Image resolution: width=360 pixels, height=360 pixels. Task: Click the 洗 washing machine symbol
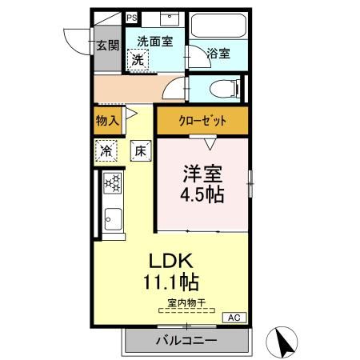(x=138, y=59)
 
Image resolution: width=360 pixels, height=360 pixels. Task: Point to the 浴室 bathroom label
(x=218, y=54)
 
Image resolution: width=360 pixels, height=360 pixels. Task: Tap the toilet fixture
(x=221, y=87)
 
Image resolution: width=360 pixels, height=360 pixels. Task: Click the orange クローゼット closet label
(x=202, y=122)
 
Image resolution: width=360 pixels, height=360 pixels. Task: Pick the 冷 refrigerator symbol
(x=106, y=150)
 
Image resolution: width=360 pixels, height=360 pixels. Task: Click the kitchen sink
(x=113, y=218)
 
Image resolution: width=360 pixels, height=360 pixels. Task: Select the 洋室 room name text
(x=203, y=173)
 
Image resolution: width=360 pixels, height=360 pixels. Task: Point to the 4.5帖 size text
(x=203, y=194)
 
